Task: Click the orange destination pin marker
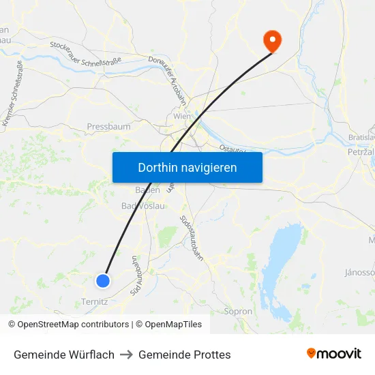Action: click(x=272, y=40)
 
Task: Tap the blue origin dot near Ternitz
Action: click(x=103, y=280)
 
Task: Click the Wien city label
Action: click(x=181, y=117)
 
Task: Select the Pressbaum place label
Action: click(x=108, y=126)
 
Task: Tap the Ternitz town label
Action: click(x=94, y=301)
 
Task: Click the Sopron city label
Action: click(x=238, y=312)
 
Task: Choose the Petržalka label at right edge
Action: click(x=362, y=151)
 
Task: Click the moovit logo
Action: click(x=333, y=354)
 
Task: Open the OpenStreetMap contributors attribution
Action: click(x=69, y=325)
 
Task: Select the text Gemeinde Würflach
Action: click(x=64, y=355)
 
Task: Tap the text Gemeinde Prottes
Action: click(x=184, y=355)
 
